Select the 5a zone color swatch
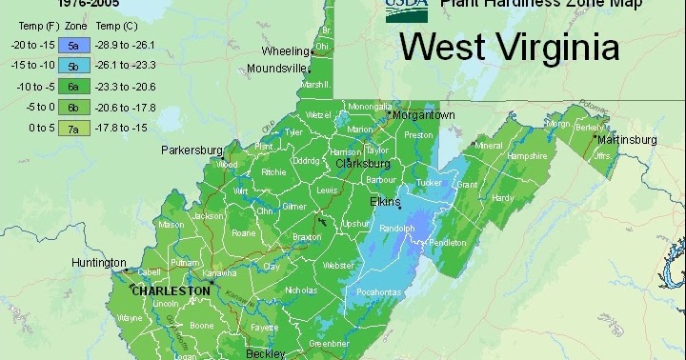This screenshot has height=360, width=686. click(72, 43)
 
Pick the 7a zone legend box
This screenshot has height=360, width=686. click(72, 126)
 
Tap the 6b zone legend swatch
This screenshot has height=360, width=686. click(72, 106)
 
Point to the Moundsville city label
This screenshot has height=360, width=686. click(276, 69)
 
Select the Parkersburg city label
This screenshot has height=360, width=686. click(192, 150)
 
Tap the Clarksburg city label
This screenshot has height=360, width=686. click(363, 164)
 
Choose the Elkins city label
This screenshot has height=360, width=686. click(386, 202)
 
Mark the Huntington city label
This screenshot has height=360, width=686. click(98, 263)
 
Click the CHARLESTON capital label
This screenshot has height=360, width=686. click(170, 290)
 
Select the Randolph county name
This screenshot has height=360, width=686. click(397, 230)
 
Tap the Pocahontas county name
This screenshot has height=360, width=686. click(379, 291)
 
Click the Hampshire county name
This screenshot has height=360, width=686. click(526, 155)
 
